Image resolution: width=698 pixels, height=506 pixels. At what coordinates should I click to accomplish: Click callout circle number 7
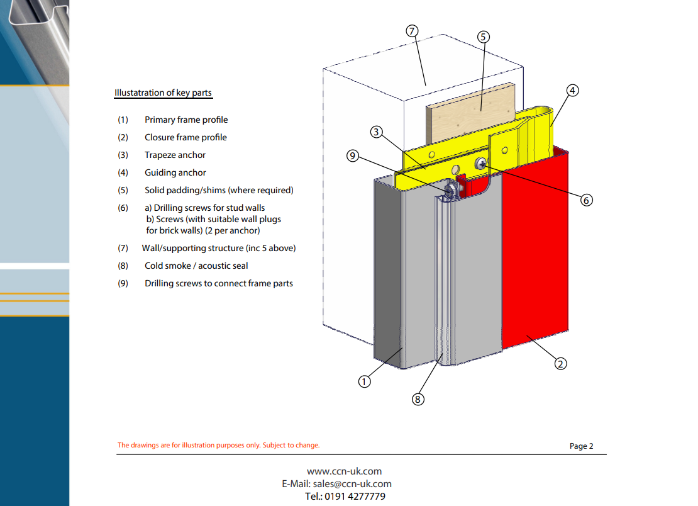(x=413, y=31)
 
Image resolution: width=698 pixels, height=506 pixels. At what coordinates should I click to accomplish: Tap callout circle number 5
(x=484, y=37)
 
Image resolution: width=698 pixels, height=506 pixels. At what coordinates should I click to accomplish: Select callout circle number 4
(x=572, y=91)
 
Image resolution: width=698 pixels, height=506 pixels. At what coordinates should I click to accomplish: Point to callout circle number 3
(x=377, y=132)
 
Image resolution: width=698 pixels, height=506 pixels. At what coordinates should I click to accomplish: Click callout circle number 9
(x=353, y=156)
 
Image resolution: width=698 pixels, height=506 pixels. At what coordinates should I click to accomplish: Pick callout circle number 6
(x=586, y=200)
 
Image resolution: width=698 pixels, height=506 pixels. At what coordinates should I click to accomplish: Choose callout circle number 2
(x=560, y=364)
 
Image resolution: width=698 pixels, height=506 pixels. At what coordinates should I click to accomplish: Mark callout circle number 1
(x=364, y=382)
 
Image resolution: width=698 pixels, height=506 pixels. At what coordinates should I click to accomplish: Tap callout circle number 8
(x=418, y=400)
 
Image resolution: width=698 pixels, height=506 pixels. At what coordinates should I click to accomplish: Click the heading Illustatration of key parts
(x=163, y=93)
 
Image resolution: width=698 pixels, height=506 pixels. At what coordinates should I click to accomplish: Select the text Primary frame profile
(x=186, y=120)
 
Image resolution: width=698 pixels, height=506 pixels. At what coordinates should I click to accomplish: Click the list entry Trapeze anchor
(x=175, y=155)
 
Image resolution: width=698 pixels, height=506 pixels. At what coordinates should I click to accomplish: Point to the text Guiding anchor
(x=175, y=172)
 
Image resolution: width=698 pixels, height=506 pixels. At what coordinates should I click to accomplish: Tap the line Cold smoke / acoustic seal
(x=196, y=266)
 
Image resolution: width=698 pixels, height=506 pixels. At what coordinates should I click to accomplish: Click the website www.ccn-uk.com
(x=344, y=471)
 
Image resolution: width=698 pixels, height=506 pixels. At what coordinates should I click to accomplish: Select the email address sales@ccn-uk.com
(x=352, y=484)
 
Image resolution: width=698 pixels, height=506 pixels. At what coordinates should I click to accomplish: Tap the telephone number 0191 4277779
(x=355, y=496)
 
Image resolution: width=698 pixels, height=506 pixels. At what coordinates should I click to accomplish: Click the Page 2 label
(x=582, y=446)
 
